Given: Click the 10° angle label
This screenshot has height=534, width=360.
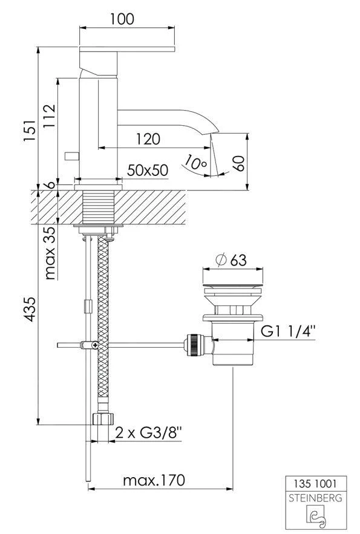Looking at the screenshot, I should [x=196, y=162].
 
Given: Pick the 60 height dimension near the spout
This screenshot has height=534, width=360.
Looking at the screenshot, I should [x=240, y=162].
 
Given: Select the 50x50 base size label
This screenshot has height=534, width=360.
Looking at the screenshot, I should [x=147, y=171].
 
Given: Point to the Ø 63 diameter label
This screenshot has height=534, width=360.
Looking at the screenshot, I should [x=231, y=259].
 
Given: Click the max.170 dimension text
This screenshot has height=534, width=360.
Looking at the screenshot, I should [x=154, y=480].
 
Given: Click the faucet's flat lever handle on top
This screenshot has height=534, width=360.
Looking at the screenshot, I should [x=128, y=47].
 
